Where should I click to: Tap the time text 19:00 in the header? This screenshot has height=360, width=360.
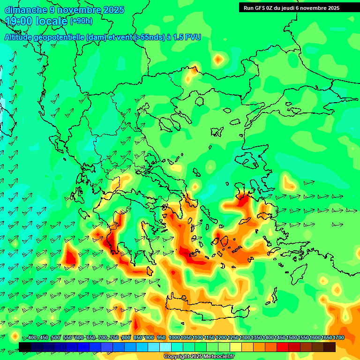pos(18,21)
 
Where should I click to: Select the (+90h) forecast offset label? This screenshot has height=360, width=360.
pos(81,21)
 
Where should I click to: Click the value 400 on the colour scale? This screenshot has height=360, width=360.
pos(32,337)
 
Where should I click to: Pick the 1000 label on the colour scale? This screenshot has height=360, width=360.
pos(174,337)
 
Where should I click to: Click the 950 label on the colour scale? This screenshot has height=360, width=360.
pos(161,337)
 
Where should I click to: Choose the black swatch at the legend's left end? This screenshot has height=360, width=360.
pos(25,347)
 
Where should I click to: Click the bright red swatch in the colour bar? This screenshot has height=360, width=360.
pos(283,347)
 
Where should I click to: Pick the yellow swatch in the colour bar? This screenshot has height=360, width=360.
pos(236,347)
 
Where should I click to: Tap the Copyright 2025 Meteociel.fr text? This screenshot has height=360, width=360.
pos(199,357)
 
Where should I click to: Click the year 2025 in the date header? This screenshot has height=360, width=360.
pos(114,10)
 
